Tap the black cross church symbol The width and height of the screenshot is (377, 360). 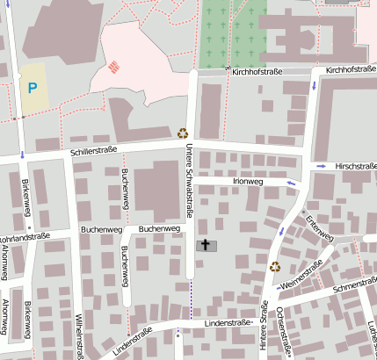[x=206, y=245]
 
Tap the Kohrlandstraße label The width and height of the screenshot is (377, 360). [x=25, y=235]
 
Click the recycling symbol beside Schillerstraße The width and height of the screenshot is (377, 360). [x=183, y=133]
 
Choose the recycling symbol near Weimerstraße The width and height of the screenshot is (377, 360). [x=275, y=266]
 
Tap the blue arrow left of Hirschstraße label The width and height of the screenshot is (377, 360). [x=323, y=165]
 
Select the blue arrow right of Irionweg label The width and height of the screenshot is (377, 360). [x=291, y=183]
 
